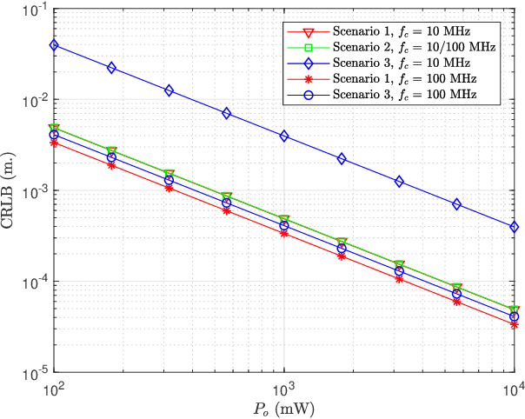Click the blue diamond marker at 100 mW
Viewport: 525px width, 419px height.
(54, 44)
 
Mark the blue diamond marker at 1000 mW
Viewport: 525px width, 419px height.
(283, 136)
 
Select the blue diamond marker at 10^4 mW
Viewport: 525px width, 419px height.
(513, 227)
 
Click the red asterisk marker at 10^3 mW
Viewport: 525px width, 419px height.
(283, 233)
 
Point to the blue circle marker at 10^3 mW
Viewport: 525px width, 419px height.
(283, 225)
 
